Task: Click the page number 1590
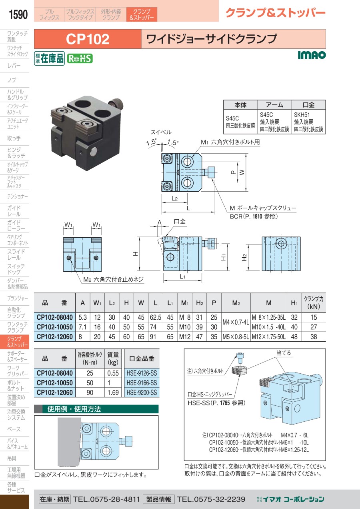pos(18,15)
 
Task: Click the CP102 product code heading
pos(88,39)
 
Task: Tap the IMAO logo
pos(312,55)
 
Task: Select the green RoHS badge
pos(80,58)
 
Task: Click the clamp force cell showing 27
pos(313,327)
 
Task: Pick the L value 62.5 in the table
pos(155,317)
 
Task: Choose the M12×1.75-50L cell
pos(268,337)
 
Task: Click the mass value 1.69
pos(113,393)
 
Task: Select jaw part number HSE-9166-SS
pos(142,383)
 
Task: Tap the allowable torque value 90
pos(90,393)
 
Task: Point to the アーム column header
pos(274,105)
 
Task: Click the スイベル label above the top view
pos(161,132)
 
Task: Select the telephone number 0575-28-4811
pos(106,499)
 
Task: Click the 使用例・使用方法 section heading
pos(74,409)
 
